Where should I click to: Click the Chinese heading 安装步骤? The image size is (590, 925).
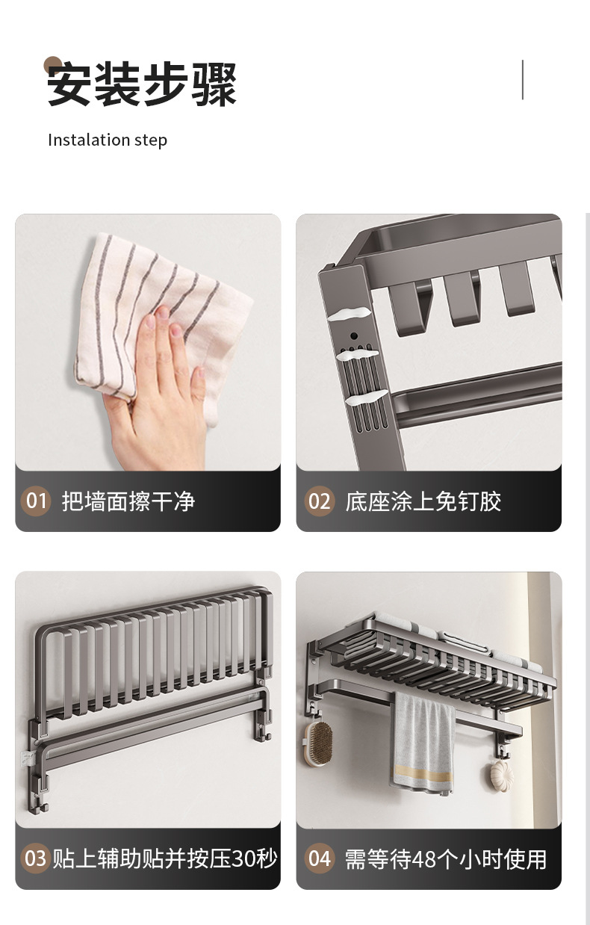(x=142, y=84)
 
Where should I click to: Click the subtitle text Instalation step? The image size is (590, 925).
(x=108, y=140)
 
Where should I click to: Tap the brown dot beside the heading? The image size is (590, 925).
(x=52, y=65)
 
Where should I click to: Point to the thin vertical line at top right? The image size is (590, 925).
(x=522, y=80)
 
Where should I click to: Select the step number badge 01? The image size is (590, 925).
(x=36, y=501)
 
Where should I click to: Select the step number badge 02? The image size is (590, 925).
(x=319, y=501)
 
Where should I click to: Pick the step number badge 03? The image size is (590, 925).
(x=36, y=859)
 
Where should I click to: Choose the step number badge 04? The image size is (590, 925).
(x=319, y=859)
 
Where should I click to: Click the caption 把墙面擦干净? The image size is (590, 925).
(x=128, y=501)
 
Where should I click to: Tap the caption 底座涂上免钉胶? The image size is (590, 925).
(x=423, y=501)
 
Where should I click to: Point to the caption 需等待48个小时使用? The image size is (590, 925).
(x=445, y=859)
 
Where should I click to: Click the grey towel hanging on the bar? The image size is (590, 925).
(x=423, y=740)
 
